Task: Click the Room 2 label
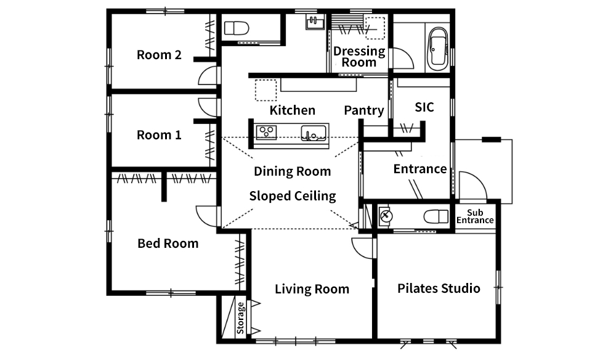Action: pyautogui.click(x=159, y=55)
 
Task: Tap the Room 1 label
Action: pyautogui.click(x=159, y=135)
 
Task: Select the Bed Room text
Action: pyautogui.click(x=168, y=243)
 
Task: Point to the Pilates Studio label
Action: pyautogui.click(x=439, y=288)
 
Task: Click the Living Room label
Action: pyautogui.click(x=312, y=289)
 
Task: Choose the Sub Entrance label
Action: pyautogui.click(x=475, y=216)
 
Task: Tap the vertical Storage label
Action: pyautogui.click(x=240, y=318)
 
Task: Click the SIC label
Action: pyautogui.click(x=424, y=107)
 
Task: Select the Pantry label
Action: pyautogui.click(x=364, y=110)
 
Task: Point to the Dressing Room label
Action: pyautogui.click(x=359, y=57)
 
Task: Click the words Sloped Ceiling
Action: pyautogui.click(x=293, y=196)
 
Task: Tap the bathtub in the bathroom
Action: pyautogui.click(x=437, y=49)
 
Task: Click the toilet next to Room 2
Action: pyautogui.click(x=237, y=28)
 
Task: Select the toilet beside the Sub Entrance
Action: pyautogui.click(x=436, y=216)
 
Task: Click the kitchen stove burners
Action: pyautogui.click(x=266, y=132)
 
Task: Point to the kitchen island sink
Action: pyautogui.click(x=314, y=133)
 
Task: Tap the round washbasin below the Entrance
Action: pyautogui.click(x=386, y=215)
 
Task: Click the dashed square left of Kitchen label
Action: pyautogui.click(x=266, y=91)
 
